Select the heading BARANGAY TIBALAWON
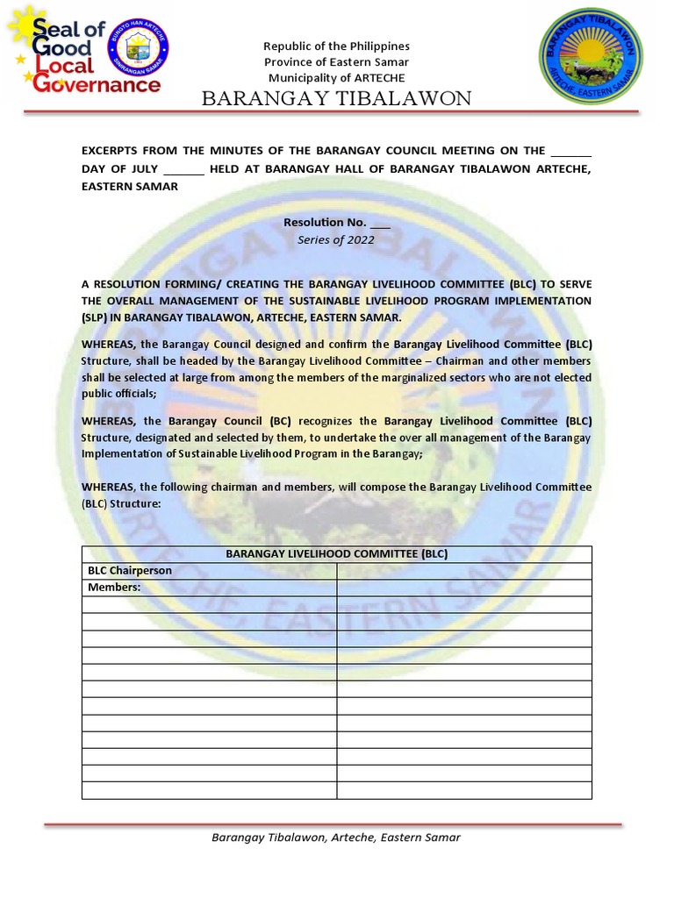coord(336,98)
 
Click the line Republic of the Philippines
coord(336,46)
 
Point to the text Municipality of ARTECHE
coord(336,77)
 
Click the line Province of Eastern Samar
coord(336,61)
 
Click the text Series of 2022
coord(336,239)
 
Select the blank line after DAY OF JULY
coord(183,168)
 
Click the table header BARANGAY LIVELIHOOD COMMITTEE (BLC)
coord(336,554)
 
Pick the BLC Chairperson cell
coord(129,571)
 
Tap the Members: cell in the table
coord(114,588)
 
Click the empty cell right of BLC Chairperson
coord(463,571)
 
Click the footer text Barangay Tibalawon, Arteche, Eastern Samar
coord(336,837)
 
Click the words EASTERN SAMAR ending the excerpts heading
coord(129,186)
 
